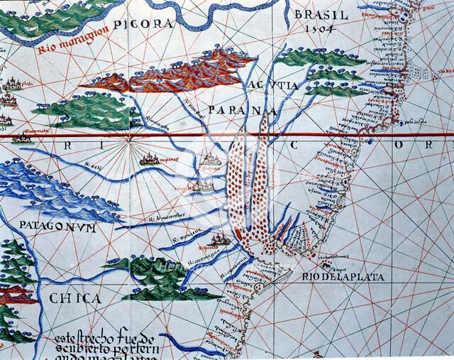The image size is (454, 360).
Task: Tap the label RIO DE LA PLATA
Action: [342, 277]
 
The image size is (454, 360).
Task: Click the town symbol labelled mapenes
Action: [151, 160]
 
